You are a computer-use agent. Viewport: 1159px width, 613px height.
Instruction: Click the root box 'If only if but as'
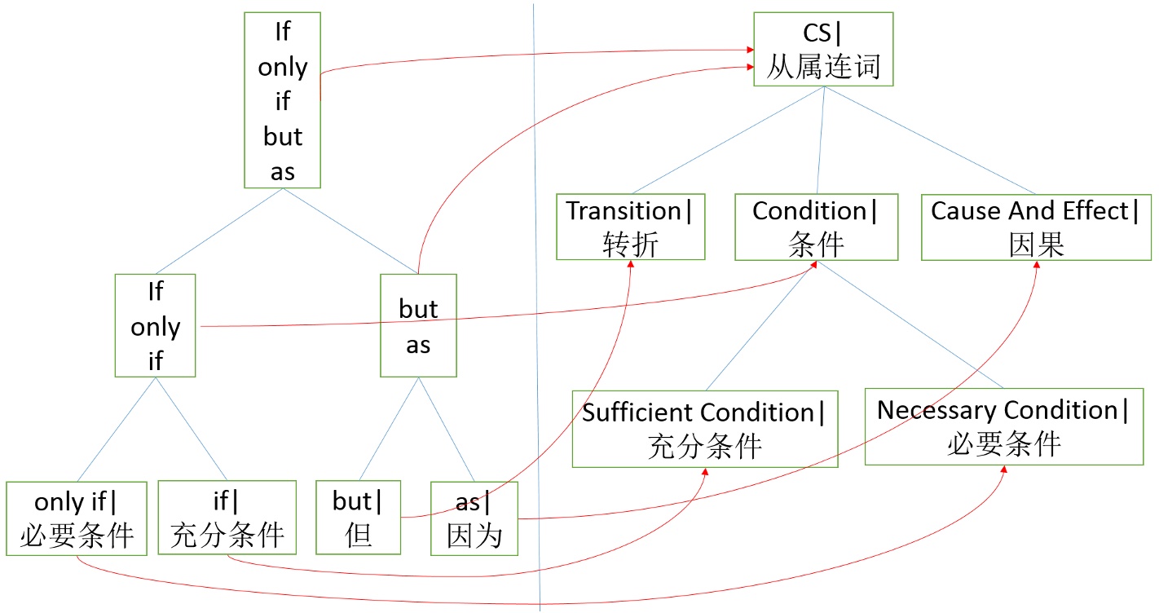point(282,100)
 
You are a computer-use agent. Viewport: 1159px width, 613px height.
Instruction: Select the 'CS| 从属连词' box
point(823,49)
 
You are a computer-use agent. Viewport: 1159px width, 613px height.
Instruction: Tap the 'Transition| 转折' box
point(630,227)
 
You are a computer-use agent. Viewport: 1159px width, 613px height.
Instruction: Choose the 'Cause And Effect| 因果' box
point(1036,227)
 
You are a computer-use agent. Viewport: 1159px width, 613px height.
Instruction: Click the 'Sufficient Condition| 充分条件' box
point(704,429)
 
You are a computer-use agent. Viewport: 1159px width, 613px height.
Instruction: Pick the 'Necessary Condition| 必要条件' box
point(1003,426)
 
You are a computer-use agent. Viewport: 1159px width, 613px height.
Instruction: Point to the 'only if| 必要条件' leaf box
point(77,518)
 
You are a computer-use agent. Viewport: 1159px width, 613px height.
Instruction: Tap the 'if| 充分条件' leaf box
point(227,518)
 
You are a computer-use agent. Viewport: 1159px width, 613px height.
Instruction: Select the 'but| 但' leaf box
point(358,518)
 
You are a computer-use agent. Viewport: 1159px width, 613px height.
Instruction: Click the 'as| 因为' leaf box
point(474,518)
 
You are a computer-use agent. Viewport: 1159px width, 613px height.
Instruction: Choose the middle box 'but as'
point(418,325)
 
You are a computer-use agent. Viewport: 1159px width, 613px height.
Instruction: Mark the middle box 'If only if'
point(155,325)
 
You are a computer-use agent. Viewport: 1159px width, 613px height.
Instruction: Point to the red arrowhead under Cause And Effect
point(1037,266)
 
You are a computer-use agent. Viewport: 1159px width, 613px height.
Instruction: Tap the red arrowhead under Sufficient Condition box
point(704,473)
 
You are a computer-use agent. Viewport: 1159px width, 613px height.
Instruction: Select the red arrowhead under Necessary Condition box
point(1004,471)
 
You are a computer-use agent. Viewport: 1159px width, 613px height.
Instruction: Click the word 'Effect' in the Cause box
point(1098,211)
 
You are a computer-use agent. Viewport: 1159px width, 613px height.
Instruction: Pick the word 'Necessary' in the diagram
point(936,409)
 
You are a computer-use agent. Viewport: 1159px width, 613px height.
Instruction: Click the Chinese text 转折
point(630,244)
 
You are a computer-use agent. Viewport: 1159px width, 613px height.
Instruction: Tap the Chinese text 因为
point(474,536)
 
